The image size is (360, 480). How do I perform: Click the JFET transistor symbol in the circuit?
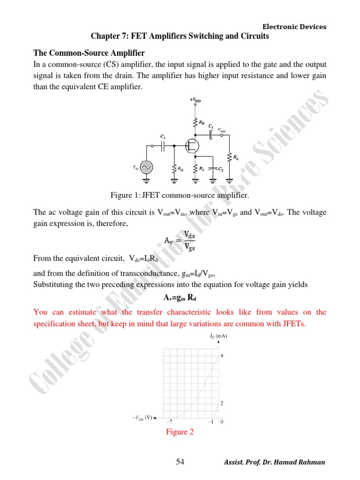coord(191,146)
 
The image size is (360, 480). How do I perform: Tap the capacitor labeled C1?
coord(163,146)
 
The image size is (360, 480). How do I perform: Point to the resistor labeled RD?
coord(195,123)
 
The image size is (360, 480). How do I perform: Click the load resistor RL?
coord(230,157)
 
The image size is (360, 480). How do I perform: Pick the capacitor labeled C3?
coord(211,135)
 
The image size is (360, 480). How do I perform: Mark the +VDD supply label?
coord(195,100)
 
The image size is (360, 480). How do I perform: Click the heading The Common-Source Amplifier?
coord(89,52)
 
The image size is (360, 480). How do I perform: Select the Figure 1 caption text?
coord(180,195)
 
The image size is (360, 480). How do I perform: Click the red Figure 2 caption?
coord(180,432)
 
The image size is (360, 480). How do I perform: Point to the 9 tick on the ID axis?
coord(222,356)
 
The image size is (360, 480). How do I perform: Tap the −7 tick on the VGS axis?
coord(172,422)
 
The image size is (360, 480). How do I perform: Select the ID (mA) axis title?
coord(218,337)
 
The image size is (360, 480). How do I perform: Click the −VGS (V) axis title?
coord(143,417)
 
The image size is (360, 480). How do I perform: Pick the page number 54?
coord(180,462)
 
